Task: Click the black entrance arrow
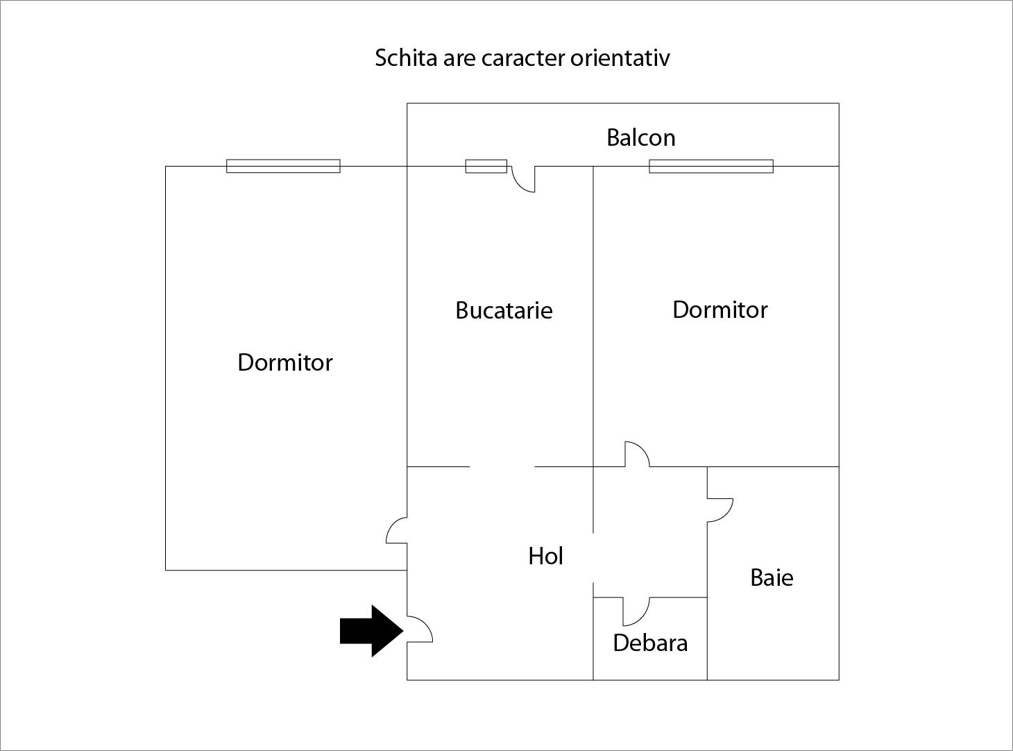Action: pyautogui.click(x=371, y=631)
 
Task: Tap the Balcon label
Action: pyautogui.click(x=641, y=137)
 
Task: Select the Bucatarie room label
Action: pyautogui.click(x=504, y=310)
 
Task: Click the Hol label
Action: pyautogui.click(x=545, y=556)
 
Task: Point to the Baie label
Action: pyautogui.click(x=772, y=577)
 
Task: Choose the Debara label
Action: pyautogui.click(x=650, y=643)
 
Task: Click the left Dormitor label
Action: pyautogui.click(x=285, y=362)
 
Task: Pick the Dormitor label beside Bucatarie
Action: pyautogui.click(x=720, y=310)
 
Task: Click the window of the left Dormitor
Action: pyautogui.click(x=283, y=166)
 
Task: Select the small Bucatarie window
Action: pyautogui.click(x=486, y=166)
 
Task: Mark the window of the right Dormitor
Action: pyautogui.click(x=711, y=167)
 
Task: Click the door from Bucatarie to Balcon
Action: pyautogui.click(x=518, y=185)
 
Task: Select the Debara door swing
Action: pyautogui.click(x=643, y=618)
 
